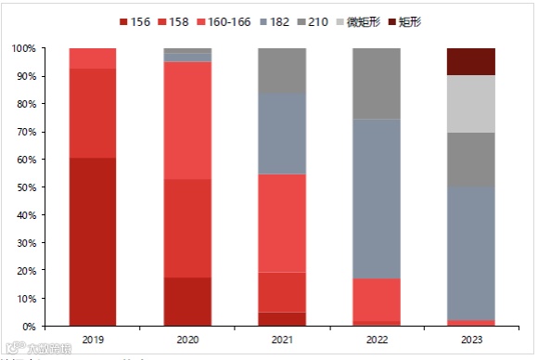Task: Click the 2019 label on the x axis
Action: (93, 340)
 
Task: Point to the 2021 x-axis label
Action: (282, 340)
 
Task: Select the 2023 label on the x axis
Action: (471, 340)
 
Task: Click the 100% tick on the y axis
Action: (24, 48)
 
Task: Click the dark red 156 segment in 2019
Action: (93, 241)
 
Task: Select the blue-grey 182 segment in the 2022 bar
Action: (377, 199)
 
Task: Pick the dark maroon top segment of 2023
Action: (471, 61)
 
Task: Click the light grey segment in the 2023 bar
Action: (471, 104)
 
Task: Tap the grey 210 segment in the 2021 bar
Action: (282, 71)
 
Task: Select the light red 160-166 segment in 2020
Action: (187, 121)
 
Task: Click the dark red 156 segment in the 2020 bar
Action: (187, 302)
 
